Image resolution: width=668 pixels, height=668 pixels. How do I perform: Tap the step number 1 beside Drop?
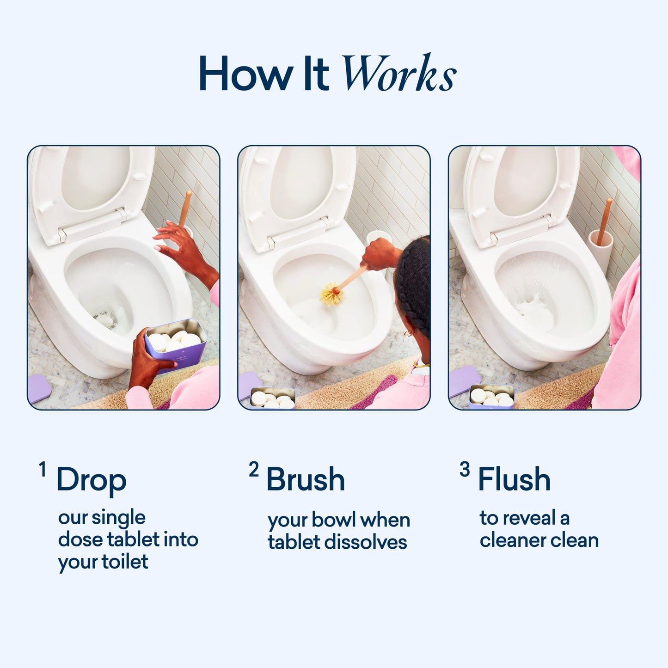coord(43,470)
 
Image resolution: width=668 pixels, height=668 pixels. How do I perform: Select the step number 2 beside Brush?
coord(253,470)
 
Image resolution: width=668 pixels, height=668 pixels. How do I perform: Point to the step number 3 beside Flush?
coord(465,470)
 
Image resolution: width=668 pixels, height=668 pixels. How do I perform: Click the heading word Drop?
coord(91,480)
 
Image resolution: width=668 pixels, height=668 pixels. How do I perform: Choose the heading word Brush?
coord(306,479)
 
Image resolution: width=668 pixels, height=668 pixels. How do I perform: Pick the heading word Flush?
coord(514,479)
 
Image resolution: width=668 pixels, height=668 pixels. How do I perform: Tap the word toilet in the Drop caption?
coord(125,562)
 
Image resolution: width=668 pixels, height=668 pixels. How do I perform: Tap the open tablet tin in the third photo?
coord(492,397)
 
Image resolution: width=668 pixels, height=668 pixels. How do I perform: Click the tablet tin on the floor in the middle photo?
coord(272,399)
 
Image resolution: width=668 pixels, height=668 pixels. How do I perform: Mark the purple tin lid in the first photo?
coord(39,388)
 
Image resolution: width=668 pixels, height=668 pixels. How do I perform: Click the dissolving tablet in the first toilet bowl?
coord(105,319)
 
